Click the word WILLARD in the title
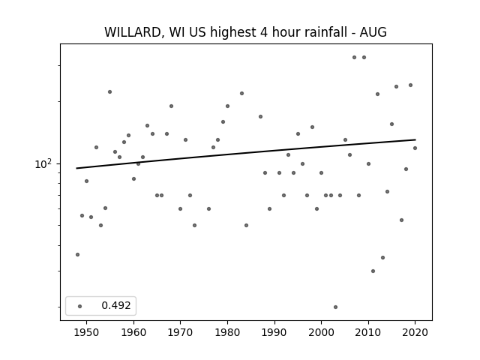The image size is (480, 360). (133, 32)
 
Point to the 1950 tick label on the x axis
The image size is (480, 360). (87, 332)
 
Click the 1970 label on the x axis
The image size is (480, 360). (180, 332)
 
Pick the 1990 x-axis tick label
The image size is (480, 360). (274, 332)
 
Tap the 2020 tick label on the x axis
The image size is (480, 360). (415, 332)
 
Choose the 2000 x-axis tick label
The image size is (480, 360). (322, 332)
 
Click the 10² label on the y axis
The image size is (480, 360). (43, 163)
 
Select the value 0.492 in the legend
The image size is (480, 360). (116, 305)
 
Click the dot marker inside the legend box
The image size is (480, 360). (80, 306)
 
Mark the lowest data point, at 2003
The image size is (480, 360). (335, 307)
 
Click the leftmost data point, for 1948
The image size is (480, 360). (77, 255)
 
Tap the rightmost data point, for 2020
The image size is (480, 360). (415, 148)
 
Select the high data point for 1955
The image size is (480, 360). (110, 91)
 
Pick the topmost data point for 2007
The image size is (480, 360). (354, 57)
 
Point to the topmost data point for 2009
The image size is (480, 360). (364, 57)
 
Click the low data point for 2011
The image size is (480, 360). (373, 271)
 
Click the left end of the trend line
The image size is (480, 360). (76, 168)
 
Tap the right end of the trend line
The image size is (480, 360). (415, 139)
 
